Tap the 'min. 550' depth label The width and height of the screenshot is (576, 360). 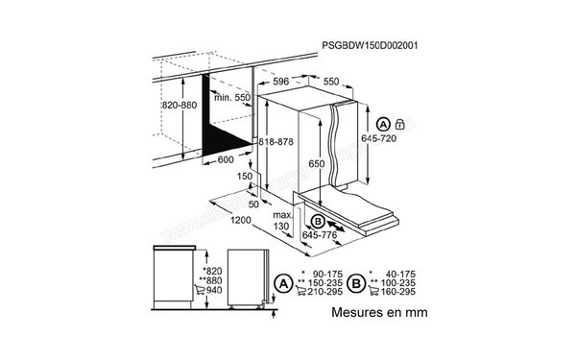pos(231,99)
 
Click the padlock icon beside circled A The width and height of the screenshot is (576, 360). pos(398,125)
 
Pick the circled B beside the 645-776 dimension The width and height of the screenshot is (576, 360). pos(319,221)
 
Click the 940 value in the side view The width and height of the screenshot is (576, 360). pos(214,290)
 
